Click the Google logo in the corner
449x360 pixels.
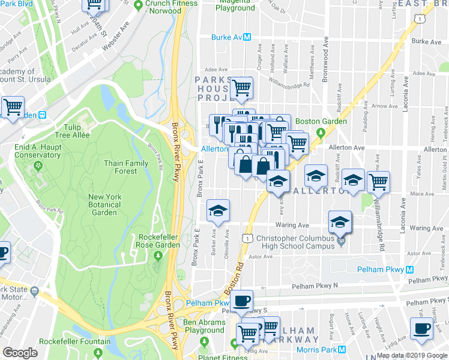[20, 353]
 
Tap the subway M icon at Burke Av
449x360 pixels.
[247, 37]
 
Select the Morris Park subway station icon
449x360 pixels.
[342, 350]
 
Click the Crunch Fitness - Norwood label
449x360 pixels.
[170, 7]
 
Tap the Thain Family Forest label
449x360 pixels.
[126, 167]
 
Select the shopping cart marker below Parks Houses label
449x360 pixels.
[241, 88]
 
